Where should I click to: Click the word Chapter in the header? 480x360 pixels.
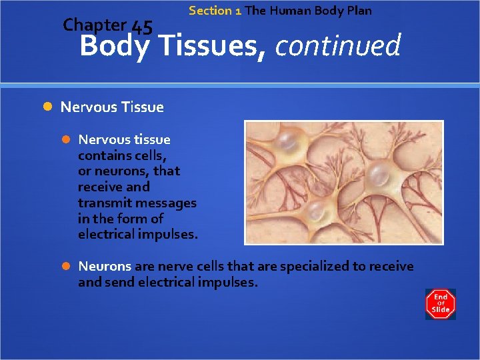(x=94, y=25)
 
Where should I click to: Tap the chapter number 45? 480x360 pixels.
(x=142, y=27)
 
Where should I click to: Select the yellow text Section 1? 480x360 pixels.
(x=215, y=11)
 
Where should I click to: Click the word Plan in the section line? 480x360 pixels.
(x=359, y=11)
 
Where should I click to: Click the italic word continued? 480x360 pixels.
(x=337, y=46)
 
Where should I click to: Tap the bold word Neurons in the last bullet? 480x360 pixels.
(x=105, y=266)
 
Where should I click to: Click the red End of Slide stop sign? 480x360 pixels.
(x=440, y=304)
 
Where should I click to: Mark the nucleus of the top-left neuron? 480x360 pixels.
(x=289, y=141)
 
